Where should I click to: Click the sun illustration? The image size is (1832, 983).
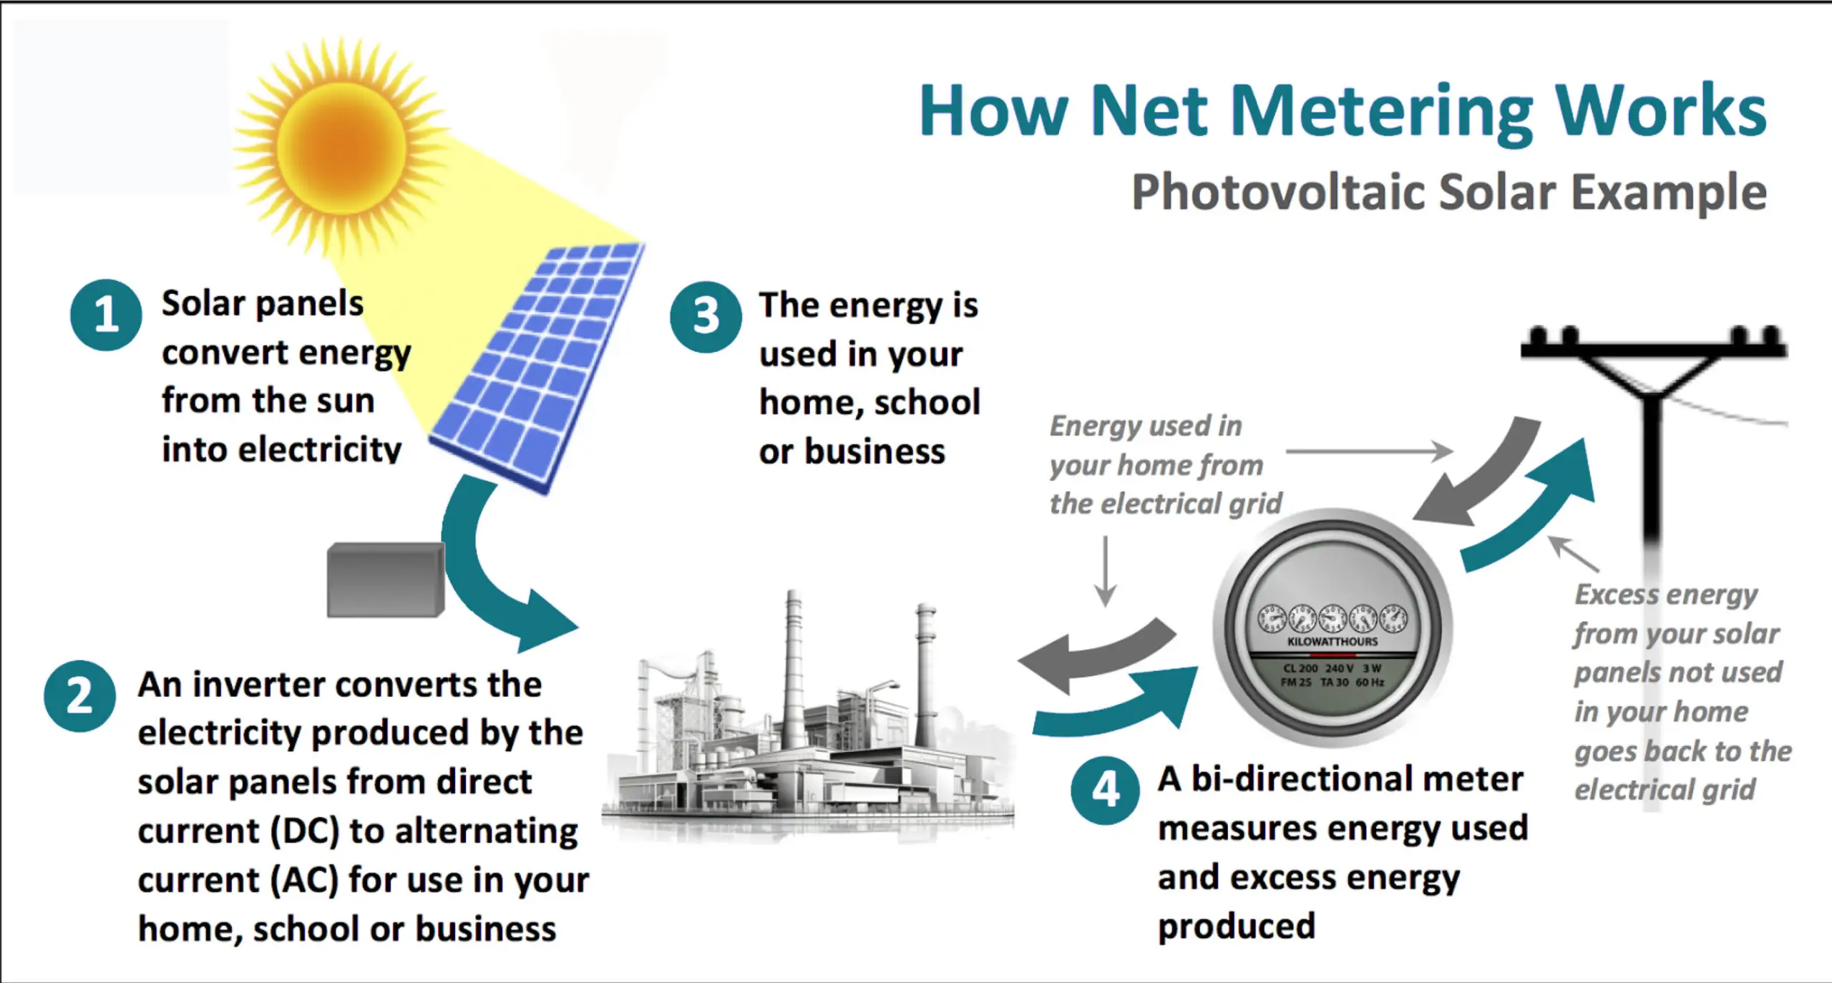tap(341, 146)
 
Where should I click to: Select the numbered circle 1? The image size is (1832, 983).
tap(106, 315)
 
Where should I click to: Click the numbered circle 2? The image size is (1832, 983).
tap(79, 695)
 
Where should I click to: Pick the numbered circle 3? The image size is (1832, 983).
tap(706, 316)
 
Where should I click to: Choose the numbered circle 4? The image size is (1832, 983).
tap(1106, 790)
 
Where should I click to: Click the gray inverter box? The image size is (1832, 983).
tap(386, 579)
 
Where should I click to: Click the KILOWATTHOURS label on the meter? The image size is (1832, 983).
tap(1332, 642)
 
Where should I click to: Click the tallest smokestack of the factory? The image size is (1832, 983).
tap(793, 673)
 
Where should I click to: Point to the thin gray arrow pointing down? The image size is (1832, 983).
tap(1106, 571)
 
